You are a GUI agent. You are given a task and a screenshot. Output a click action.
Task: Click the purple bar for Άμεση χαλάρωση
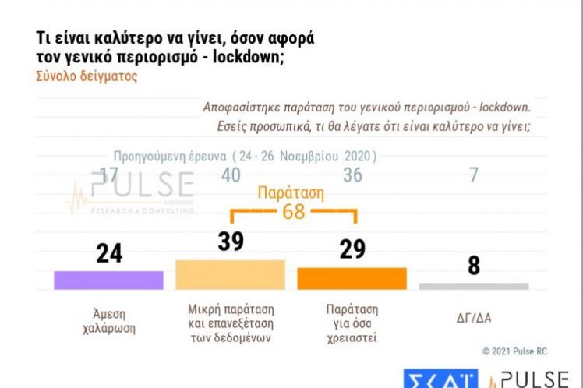(x=108, y=280)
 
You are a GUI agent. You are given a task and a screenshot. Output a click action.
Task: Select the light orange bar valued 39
(x=231, y=275)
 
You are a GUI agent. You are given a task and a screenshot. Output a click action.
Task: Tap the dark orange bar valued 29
(x=352, y=279)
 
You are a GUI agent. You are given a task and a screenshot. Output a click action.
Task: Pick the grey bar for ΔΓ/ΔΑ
(x=473, y=286)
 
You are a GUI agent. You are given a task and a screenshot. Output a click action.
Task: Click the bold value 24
(x=109, y=254)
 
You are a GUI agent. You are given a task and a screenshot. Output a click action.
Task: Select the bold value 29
(x=352, y=250)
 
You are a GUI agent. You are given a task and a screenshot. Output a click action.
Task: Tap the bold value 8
(x=473, y=266)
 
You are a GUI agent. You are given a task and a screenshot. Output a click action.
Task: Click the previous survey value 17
(x=109, y=175)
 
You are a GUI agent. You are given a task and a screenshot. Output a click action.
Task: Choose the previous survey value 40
(x=231, y=175)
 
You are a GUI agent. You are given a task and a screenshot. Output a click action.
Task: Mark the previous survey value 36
(x=352, y=175)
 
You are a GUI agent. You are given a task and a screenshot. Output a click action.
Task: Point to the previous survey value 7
(x=473, y=175)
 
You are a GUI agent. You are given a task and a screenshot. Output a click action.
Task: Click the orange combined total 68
(x=293, y=212)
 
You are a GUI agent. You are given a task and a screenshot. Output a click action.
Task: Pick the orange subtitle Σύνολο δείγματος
(x=87, y=77)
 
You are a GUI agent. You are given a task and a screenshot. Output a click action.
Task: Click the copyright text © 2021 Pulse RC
(x=514, y=351)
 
